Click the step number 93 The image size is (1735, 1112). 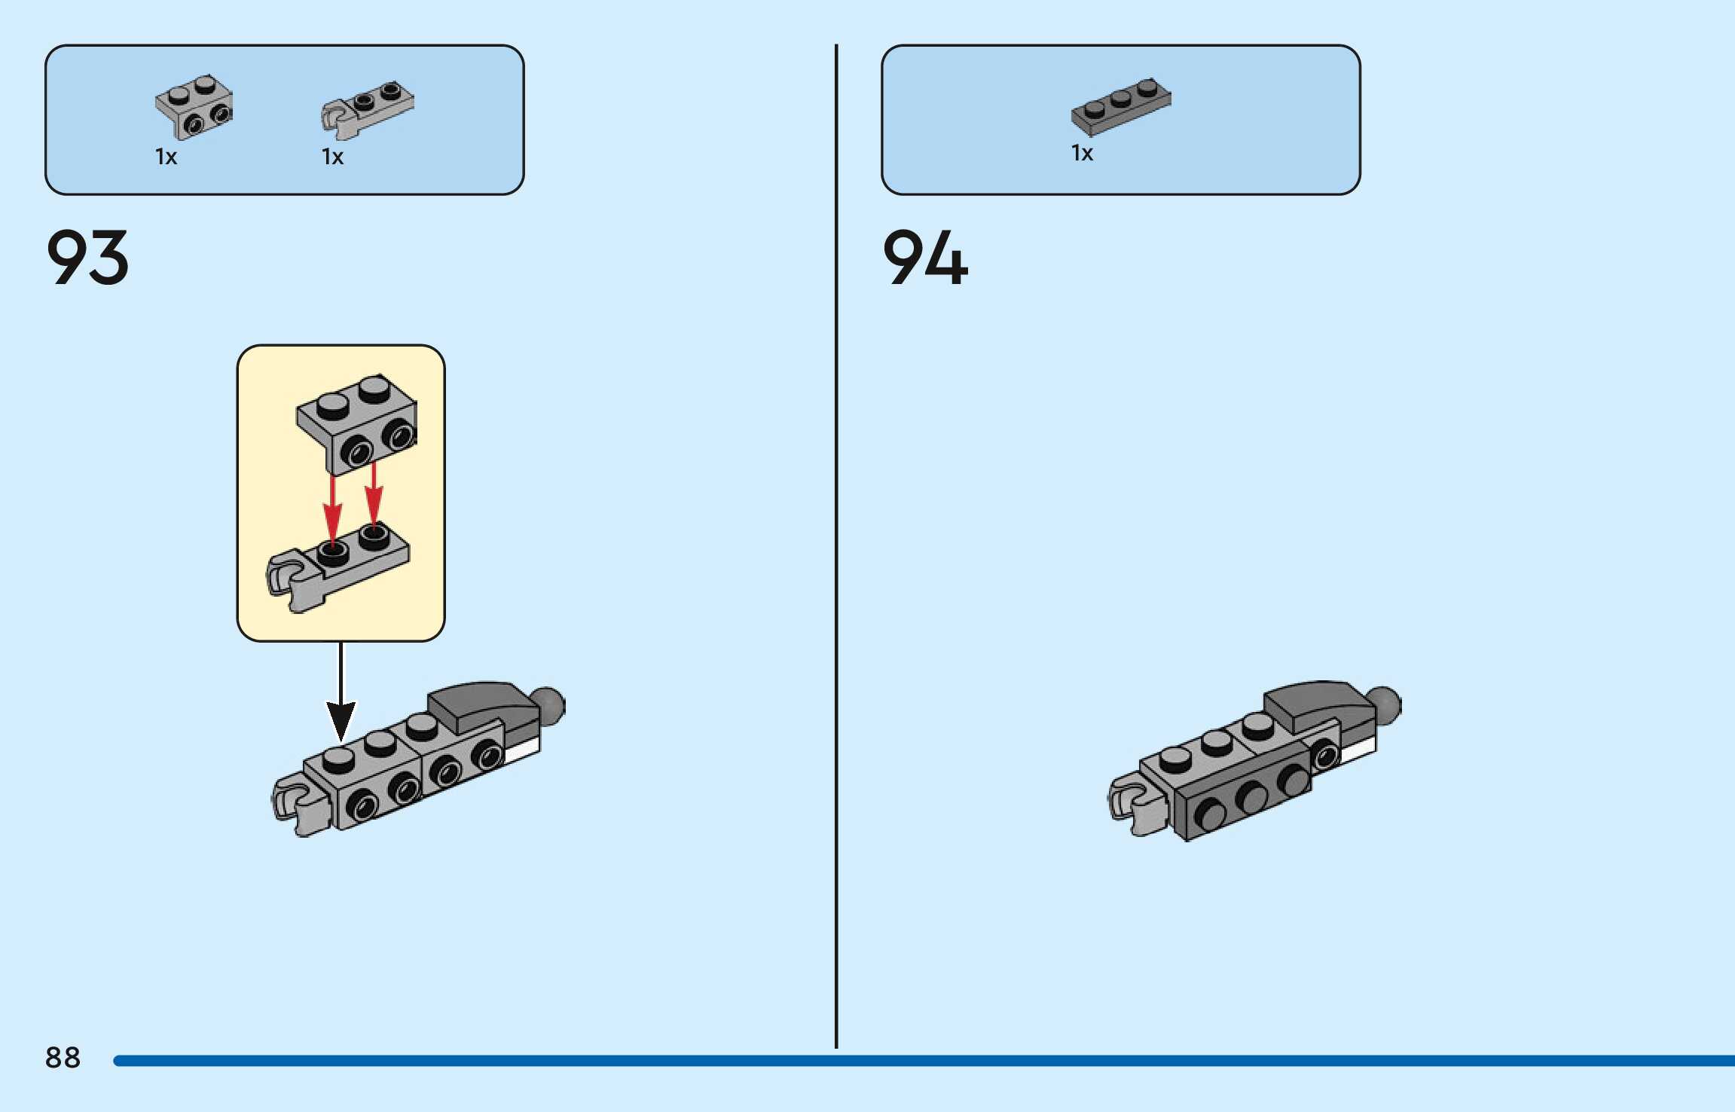(87, 258)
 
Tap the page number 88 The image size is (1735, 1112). (63, 1058)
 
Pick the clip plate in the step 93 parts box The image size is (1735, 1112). (368, 110)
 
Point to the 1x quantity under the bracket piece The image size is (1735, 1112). (166, 157)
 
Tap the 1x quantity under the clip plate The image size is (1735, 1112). (332, 157)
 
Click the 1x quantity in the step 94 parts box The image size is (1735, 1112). (1082, 153)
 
